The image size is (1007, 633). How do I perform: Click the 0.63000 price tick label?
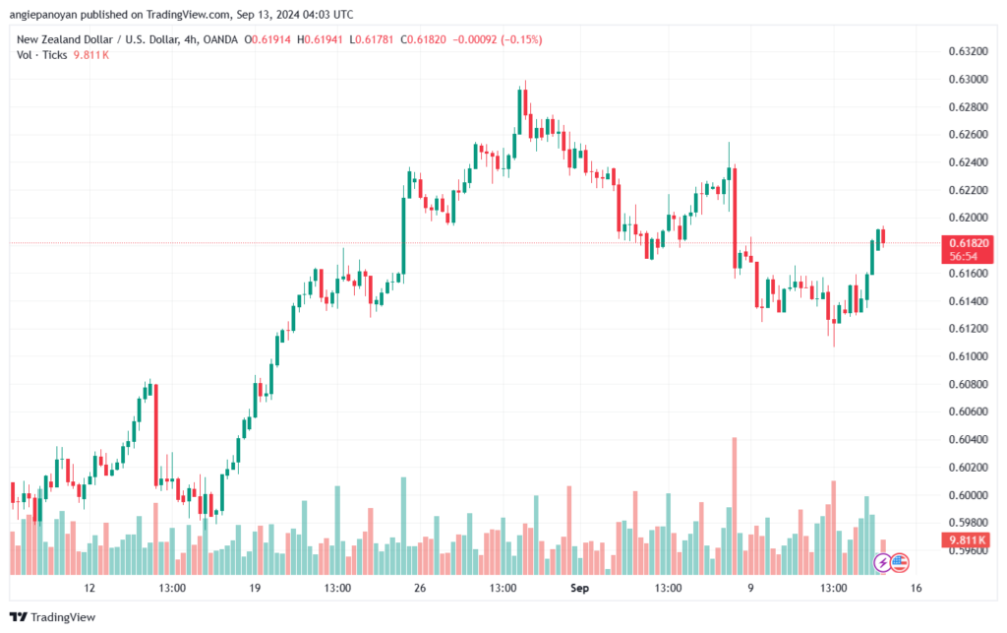click(x=968, y=79)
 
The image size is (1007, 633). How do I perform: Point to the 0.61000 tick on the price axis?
click(x=968, y=356)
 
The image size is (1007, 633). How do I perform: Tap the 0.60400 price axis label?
click(x=968, y=440)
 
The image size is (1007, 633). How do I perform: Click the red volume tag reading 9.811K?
click(x=968, y=539)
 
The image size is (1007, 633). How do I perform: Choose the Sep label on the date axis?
click(x=579, y=588)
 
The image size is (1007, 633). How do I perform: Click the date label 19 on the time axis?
click(x=255, y=588)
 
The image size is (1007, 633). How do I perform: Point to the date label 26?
click(x=420, y=588)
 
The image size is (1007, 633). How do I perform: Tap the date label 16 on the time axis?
click(x=916, y=588)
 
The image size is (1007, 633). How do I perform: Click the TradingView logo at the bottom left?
click(x=53, y=617)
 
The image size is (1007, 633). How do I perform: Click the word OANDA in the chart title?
click(x=220, y=39)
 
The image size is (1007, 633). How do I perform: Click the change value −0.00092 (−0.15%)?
click(x=497, y=39)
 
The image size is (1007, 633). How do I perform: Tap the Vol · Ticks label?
click(x=41, y=55)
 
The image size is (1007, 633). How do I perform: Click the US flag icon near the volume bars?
click(x=899, y=563)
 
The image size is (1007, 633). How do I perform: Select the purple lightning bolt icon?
click(x=882, y=563)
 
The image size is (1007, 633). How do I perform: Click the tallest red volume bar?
click(x=735, y=506)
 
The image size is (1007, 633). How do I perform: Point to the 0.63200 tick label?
click(x=968, y=51)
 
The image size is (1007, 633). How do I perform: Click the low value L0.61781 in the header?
click(x=372, y=39)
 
